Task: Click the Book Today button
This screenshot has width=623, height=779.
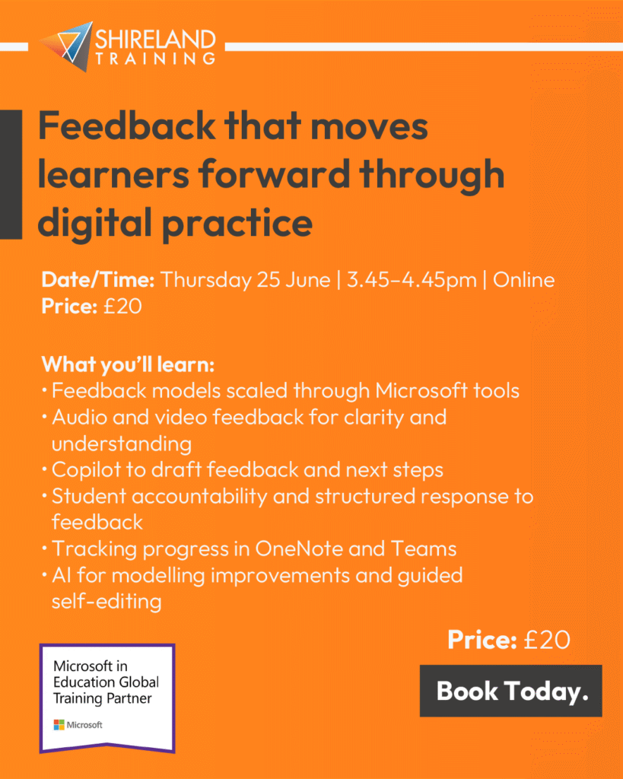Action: [510, 691]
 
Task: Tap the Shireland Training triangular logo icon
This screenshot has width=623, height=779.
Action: [68, 46]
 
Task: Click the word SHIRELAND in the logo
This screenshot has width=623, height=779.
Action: [155, 40]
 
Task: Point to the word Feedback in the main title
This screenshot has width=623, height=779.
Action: [127, 126]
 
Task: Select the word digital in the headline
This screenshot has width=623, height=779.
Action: [94, 223]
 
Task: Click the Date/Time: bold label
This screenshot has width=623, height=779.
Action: [98, 280]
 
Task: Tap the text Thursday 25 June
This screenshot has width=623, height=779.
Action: [246, 280]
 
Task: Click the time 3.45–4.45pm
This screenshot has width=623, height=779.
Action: [412, 280]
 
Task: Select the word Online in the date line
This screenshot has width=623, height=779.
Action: [523, 280]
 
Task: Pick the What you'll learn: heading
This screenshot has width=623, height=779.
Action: [128, 364]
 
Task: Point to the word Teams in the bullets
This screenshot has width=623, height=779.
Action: [423, 548]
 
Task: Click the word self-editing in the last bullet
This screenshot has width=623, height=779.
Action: [106, 602]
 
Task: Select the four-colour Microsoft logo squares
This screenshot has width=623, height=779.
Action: [59, 725]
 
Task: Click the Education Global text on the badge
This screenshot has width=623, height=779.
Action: [106, 682]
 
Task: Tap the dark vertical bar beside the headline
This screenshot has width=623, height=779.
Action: [11, 174]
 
